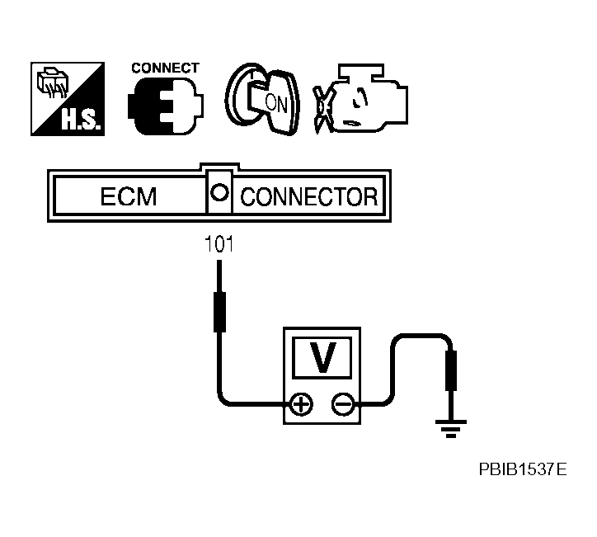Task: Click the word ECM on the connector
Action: (x=128, y=198)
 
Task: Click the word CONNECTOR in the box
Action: (x=308, y=198)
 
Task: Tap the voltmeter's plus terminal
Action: (x=302, y=404)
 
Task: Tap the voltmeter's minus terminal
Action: (x=341, y=404)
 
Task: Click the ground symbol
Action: (x=451, y=427)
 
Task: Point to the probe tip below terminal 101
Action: (x=219, y=310)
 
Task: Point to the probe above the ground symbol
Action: (x=451, y=370)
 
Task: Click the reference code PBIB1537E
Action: (x=522, y=470)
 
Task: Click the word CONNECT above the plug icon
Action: (x=165, y=68)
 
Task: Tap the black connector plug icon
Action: (x=163, y=104)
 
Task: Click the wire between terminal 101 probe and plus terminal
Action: (x=220, y=371)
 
